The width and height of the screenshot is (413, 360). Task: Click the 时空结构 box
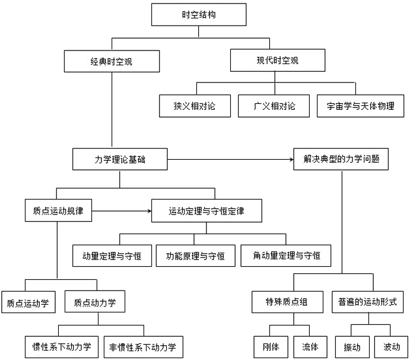click(x=198, y=15)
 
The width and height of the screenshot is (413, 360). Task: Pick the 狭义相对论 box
click(x=195, y=106)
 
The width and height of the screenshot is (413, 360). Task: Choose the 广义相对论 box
click(x=274, y=106)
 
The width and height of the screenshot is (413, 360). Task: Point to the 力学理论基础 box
click(x=119, y=159)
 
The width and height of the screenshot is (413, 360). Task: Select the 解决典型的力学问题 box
click(x=341, y=159)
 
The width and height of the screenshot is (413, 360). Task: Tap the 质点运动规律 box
click(x=59, y=210)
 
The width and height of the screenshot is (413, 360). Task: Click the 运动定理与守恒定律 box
click(x=206, y=210)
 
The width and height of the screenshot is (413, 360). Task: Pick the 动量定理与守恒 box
click(x=112, y=255)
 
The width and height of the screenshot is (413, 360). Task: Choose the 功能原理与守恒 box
click(x=195, y=255)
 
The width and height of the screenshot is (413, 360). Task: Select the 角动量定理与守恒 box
click(x=287, y=255)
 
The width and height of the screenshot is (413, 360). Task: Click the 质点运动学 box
click(x=28, y=302)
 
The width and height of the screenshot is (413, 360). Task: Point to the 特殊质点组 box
click(x=287, y=302)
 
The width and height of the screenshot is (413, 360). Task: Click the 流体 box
click(x=310, y=346)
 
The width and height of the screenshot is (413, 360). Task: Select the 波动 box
click(x=390, y=346)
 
